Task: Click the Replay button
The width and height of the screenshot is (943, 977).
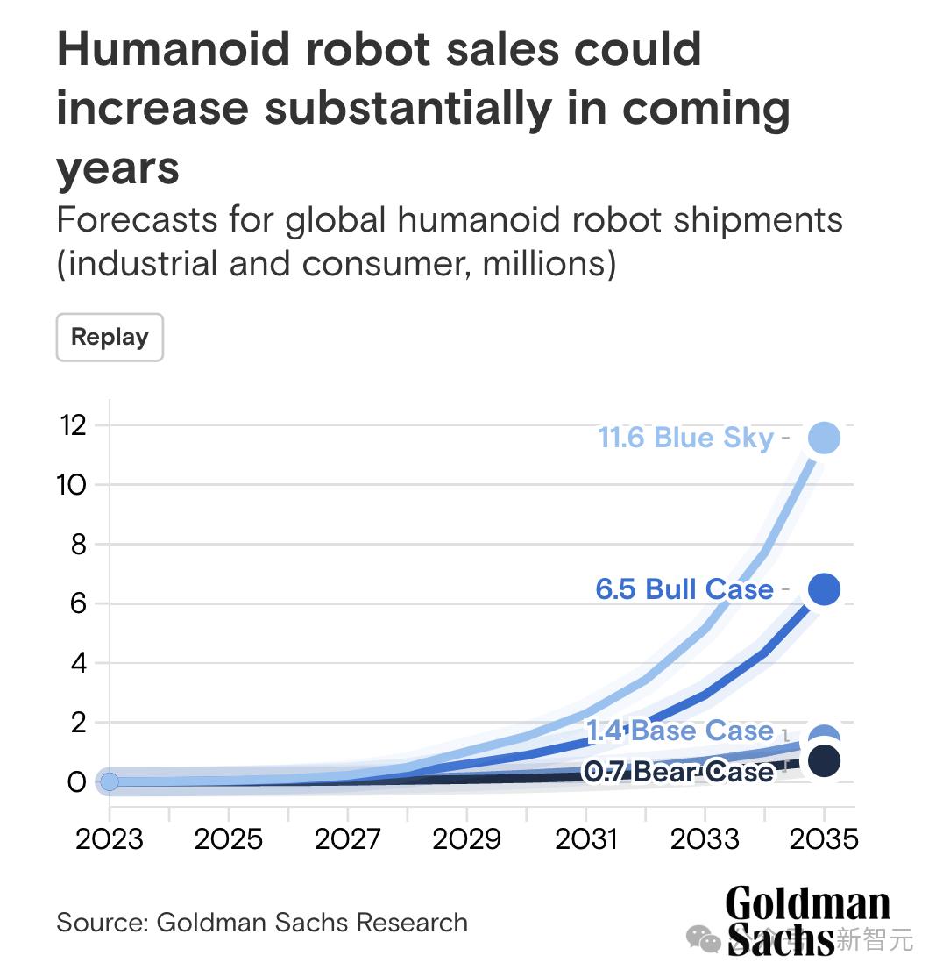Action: [110, 337]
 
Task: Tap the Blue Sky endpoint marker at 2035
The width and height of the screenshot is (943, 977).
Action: [824, 438]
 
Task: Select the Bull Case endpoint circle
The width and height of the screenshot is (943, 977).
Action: [824, 589]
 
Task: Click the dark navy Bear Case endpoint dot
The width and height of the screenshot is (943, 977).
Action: [824, 760]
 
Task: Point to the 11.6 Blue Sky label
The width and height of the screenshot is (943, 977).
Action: [685, 438]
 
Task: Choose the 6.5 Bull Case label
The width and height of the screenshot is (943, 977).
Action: [684, 589]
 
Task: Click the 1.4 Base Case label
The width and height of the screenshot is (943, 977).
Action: [679, 731]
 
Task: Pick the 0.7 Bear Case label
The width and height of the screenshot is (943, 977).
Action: [679, 772]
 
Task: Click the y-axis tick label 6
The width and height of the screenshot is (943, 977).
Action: [77, 604]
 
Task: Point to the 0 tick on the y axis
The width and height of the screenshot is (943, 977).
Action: [77, 781]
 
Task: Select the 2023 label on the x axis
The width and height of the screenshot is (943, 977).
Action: [110, 839]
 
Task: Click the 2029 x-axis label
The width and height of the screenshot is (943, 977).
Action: [467, 839]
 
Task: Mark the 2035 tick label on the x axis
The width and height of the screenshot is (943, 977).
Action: [824, 839]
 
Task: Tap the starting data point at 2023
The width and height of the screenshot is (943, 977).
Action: [110, 781]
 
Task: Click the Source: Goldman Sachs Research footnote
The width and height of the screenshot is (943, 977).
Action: [262, 923]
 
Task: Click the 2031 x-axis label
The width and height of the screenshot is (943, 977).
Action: [586, 839]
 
